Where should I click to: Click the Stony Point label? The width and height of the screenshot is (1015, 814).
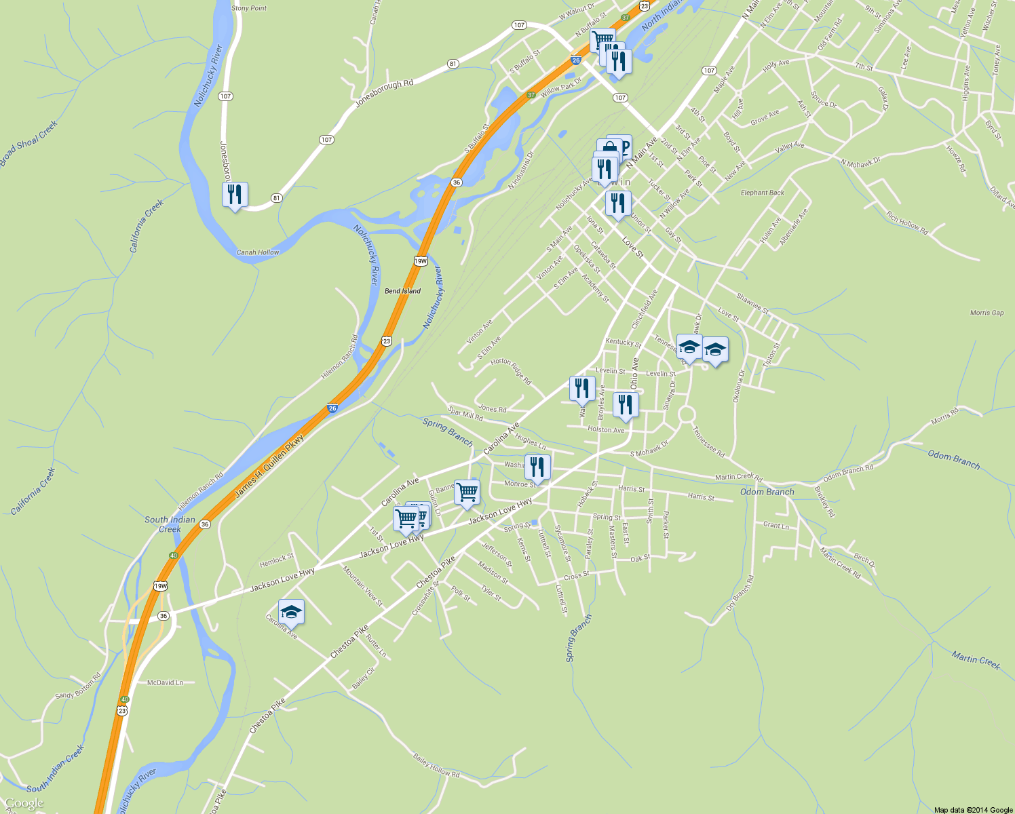click(249, 8)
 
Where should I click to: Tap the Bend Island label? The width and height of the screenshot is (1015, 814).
click(402, 291)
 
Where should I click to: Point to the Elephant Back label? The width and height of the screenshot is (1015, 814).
click(762, 193)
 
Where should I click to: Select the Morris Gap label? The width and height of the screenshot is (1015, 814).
click(987, 313)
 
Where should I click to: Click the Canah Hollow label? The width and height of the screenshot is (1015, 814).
click(258, 252)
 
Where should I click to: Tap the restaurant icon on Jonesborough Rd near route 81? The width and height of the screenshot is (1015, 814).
click(235, 195)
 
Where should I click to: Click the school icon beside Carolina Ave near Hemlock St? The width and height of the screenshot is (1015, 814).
click(291, 613)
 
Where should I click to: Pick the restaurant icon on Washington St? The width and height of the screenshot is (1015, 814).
click(537, 467)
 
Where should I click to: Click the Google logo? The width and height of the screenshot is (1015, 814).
click(24, 804)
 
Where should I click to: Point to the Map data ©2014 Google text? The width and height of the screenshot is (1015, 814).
click(973, 810)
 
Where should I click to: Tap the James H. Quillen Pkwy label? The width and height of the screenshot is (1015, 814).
click(269, 467)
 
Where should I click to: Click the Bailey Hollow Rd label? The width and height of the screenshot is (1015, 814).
click(436, 765)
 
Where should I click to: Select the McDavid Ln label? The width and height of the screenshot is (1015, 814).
click(166, 682)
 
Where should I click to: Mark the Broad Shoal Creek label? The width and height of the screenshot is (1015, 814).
click(28, 144)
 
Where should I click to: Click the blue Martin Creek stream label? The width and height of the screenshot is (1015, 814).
click(976, 660)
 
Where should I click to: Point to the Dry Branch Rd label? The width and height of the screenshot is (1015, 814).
click(740, 592)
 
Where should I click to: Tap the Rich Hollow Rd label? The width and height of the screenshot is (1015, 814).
click(907, 222)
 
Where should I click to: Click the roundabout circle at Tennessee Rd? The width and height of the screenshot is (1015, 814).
click(687, 414)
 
